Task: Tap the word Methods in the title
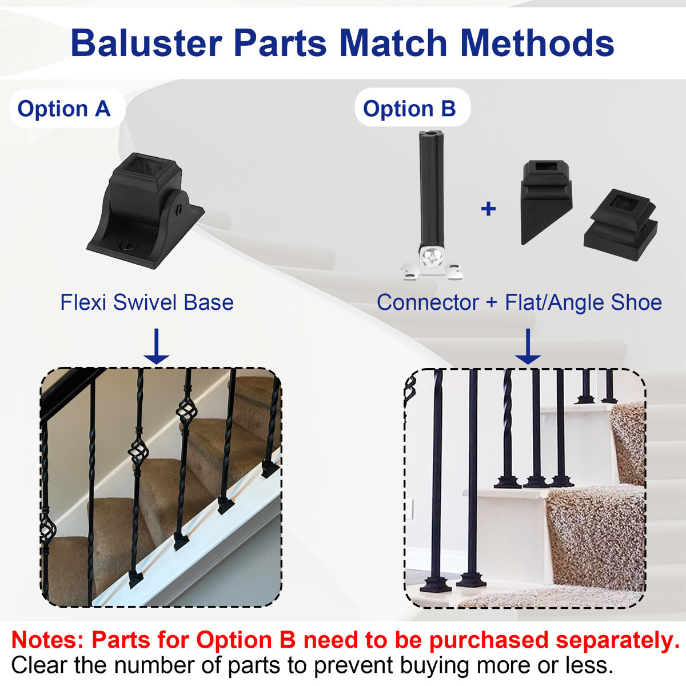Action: point(537,43)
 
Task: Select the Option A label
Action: point(64,109)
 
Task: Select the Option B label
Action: point(409,109)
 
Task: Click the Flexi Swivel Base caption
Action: point(147,302)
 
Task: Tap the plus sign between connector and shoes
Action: point(488,209)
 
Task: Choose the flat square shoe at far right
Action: point(620,226)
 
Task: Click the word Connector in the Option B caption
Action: point(428,302)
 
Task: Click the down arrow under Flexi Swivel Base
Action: point(157,346)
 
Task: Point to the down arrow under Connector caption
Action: point(528,346)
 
